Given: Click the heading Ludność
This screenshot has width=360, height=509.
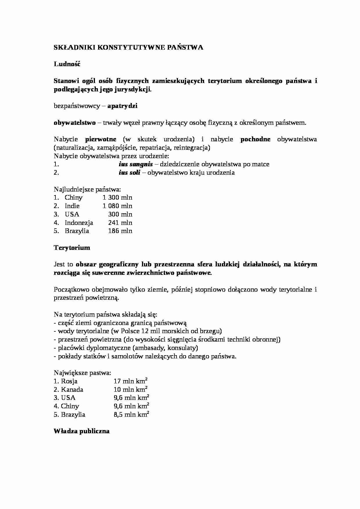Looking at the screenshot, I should (x=67, y=64).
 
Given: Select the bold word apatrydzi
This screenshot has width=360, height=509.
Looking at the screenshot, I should (x=122, y=106).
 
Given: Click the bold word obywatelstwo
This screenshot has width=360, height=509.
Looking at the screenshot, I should (x=75, y=123).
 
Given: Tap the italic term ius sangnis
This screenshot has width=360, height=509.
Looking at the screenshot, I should (x=136, y=164).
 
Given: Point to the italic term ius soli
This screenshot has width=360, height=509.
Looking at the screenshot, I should (x=129, y=173).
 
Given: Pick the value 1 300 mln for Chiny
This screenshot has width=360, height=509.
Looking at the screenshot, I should (x=117, y=198).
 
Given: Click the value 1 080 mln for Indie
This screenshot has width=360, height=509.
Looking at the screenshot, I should (x=117, y=206).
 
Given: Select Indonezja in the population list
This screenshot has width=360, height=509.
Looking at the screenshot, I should (x=79, y=223).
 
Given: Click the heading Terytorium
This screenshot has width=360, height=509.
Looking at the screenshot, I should (x=72, y=248).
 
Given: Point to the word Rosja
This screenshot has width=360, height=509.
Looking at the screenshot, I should (x=69, y=381).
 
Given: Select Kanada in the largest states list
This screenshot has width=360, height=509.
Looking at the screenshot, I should (x=72, y=390).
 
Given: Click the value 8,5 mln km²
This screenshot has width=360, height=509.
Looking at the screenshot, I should (x=131, y=414).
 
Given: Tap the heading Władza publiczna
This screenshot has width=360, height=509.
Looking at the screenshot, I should (x=82, y=431).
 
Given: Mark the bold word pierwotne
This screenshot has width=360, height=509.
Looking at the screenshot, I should (x=101, y=139).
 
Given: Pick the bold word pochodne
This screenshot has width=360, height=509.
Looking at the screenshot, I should (x=255, y=139).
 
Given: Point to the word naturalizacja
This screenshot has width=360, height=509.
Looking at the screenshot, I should (x=72, y=148).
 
